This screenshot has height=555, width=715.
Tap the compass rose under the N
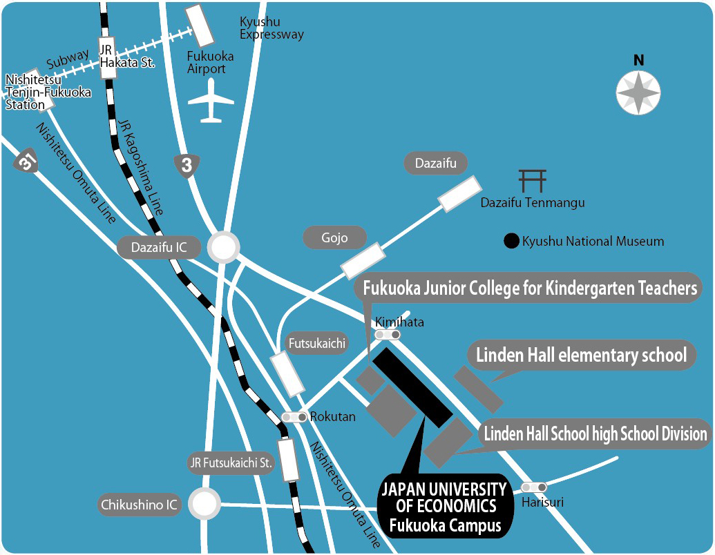pos(638,92)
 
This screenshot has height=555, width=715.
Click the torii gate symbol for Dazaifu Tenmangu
pos(533,181)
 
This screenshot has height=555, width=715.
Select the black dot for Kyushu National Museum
pos(511,242)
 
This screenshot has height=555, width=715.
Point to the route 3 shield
pos(187,166)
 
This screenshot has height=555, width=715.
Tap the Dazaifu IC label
pos(158,247)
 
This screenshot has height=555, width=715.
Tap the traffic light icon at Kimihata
pos(388,335)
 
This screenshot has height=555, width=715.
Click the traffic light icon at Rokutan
pos(295,417)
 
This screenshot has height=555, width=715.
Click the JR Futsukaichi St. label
pos(231,462)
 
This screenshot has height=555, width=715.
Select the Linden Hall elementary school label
pos(581,355)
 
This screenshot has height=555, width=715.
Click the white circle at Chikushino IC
pos(205,505)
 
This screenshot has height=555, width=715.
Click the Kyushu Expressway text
pos(271,28)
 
